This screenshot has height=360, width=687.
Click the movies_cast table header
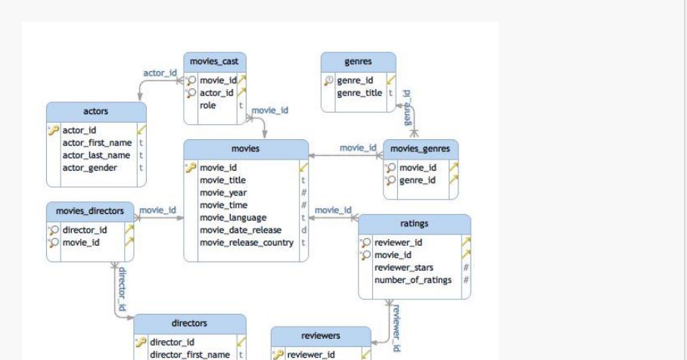215,61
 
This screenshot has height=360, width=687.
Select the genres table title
358,61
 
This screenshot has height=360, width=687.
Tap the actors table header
95,111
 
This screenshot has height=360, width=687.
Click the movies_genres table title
420,149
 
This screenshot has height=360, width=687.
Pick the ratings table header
414,224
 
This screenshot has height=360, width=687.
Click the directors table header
189,323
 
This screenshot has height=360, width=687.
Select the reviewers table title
321,335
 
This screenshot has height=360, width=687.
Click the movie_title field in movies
222,180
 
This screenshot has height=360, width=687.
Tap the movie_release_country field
246,243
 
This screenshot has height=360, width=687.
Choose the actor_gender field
89,168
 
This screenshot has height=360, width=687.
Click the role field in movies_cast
208,105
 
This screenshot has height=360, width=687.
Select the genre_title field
359,93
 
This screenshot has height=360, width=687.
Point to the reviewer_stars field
404,268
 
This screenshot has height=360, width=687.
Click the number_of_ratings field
413,280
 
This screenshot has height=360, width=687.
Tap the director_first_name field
190,355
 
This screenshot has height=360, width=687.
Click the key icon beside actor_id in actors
54,130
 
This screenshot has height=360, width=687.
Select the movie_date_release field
241,230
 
